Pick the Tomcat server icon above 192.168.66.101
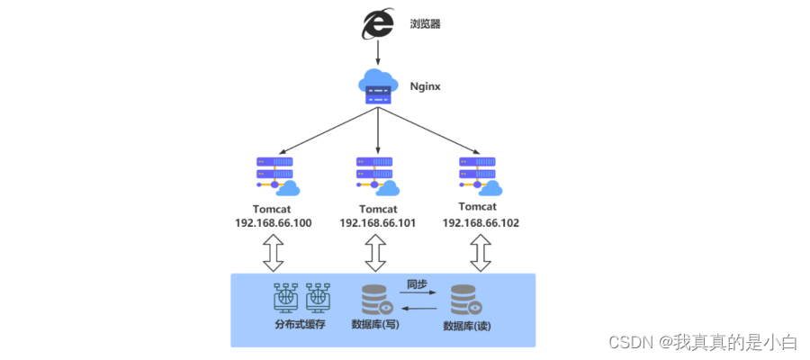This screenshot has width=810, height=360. pos(377,176)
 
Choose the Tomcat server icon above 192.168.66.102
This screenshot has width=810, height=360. pos(480,176)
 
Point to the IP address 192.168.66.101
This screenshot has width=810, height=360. pos(377,223)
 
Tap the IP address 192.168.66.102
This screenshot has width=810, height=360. pos(481,222)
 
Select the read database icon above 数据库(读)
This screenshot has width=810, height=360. pos(464,300)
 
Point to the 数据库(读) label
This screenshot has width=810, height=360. pos(465,325)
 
